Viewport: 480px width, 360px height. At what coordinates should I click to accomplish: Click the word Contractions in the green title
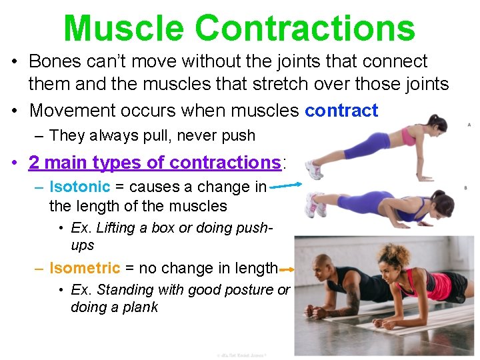click(305, 28)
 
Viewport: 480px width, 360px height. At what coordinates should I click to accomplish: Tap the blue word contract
click(341, 110)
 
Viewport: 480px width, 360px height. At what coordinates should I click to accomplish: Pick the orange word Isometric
click(85, 268)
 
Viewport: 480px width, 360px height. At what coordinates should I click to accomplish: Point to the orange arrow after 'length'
click(287, 269)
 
